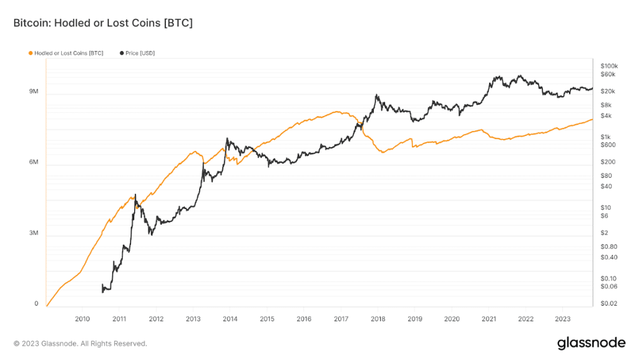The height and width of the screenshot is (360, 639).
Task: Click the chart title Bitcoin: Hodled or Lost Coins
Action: [x=103, y=23]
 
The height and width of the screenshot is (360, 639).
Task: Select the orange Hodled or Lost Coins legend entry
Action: [x=66, y=54]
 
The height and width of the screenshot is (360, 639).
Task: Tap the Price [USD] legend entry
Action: [x=137, y=54]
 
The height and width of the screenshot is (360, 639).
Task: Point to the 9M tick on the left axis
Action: [x=34, y=92]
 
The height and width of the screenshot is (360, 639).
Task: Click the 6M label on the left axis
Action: [x=34, y=163]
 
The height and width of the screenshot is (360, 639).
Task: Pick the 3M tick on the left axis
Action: [x=34, y=233]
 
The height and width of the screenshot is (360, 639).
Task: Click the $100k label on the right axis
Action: [x=608, y=66]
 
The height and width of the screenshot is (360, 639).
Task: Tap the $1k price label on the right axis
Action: [x=605, y=137]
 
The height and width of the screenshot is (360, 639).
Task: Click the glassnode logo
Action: [x=591, y=343]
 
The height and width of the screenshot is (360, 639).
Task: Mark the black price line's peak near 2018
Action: [x=377, y=95]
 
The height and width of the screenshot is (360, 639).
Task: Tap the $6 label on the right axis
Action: [x=604, y=216]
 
